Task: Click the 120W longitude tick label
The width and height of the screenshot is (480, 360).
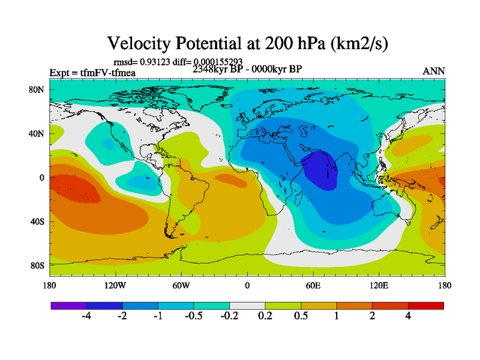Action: click(x=115, y=285)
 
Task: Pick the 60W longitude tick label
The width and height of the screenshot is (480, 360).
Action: click(x=181, y=285)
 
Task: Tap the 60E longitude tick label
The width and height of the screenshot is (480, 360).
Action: click(x=313, y=285)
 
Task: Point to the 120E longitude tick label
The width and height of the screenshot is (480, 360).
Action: click(x=379, y=285)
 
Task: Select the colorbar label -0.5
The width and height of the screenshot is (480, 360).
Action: click(x=193, y=317)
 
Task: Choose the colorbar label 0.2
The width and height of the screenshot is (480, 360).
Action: click(x=265, y=317)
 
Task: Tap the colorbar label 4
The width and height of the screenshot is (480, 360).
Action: click(x=408, y=317)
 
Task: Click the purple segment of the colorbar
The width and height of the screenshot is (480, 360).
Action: click(x=68, y=305)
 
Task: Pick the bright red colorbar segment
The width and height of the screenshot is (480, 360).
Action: click(x=426, y=305)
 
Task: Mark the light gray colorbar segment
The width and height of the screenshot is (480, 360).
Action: click(x=247, y=305)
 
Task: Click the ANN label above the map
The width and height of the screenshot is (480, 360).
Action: click(x=434, y=71)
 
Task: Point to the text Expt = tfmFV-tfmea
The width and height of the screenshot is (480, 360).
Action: click(x=92, y=73)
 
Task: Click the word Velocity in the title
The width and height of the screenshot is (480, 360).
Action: click(x=137, y=43)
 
